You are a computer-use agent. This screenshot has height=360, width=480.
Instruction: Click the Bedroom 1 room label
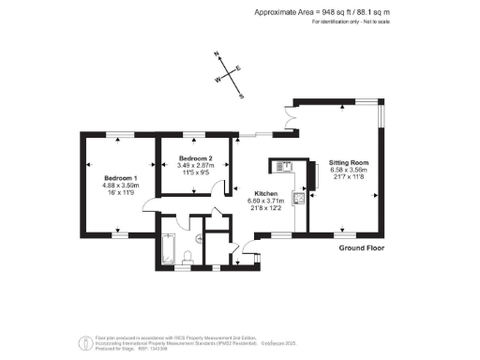pyautogui.click(x=121, y=178)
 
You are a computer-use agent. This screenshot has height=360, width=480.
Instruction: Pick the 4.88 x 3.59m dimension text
pyautogui.click(x=121, y=186)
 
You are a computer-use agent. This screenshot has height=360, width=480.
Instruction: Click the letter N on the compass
pyautogui.click(x=217, y=54)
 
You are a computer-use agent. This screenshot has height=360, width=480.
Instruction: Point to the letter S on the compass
pyautogui.click(x=242, y=96)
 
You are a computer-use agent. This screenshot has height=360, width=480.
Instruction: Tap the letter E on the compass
pyautogui.click(x=237, y=67)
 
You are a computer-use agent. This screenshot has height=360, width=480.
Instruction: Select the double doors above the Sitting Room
pyautogui.click(x=290, y=117)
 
